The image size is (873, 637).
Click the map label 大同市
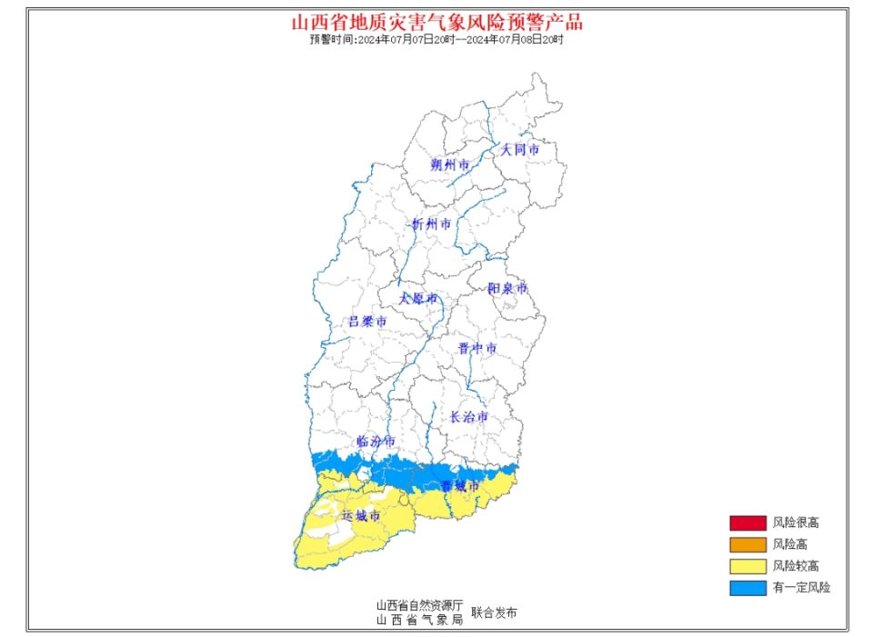click(520, 149)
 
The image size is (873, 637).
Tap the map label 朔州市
click(450, 165)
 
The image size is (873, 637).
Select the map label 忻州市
click(430, 224)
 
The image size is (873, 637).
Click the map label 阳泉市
click(507, 288)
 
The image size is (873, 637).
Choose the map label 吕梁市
click(367, 322)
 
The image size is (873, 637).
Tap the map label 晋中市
click(477, 348)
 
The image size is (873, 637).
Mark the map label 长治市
click(469, 417)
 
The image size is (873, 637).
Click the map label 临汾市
click(376, 441)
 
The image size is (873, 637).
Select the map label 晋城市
click(459, 486)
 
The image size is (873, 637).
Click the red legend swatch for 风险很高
click(747, 523)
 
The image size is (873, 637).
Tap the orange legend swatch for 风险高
click(747, 544)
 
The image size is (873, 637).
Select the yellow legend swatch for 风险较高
click(747, 566)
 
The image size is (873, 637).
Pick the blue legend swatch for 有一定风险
click(747, 588)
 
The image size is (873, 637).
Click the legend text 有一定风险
click(801, 588)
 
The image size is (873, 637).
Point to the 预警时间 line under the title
click(436, 40)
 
